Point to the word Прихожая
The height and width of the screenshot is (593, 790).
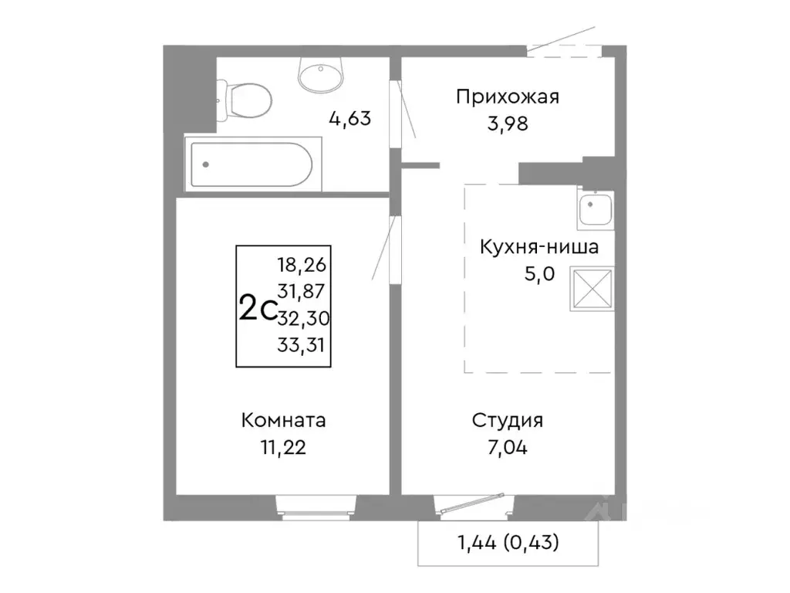click(x=507, y=97)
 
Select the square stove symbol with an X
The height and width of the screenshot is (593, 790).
click(x=592, y=289)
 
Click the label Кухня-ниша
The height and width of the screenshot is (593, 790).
click(x=538, y=248)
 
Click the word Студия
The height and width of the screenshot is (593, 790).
click(x=508, y=421)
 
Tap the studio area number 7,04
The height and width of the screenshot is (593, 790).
click(x=508, y=448)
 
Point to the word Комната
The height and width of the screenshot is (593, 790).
click(x=283, y=421)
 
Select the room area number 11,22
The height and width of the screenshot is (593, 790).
click(x=283, y=448)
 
